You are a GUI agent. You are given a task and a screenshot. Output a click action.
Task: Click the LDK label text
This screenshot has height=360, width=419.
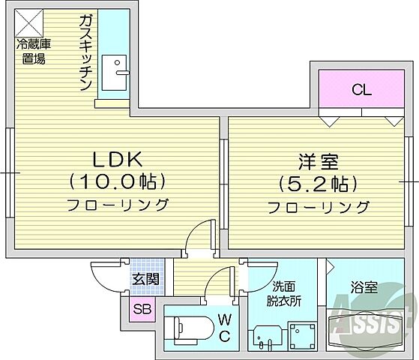click(116, 159)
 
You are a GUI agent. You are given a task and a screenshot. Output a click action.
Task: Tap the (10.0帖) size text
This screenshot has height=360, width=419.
click(116, 181)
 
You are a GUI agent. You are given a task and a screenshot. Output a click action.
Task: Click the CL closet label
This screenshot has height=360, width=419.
click(362, 91)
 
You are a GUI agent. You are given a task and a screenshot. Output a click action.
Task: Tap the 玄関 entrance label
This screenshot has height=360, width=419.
click(146, 280)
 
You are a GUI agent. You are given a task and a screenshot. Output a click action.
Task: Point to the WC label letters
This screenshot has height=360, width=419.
click(224, 328)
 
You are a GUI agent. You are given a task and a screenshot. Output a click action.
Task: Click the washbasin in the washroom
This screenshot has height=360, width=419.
click(265, 336)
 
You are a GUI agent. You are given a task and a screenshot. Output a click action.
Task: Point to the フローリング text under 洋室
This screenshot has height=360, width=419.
click(319, 206)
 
